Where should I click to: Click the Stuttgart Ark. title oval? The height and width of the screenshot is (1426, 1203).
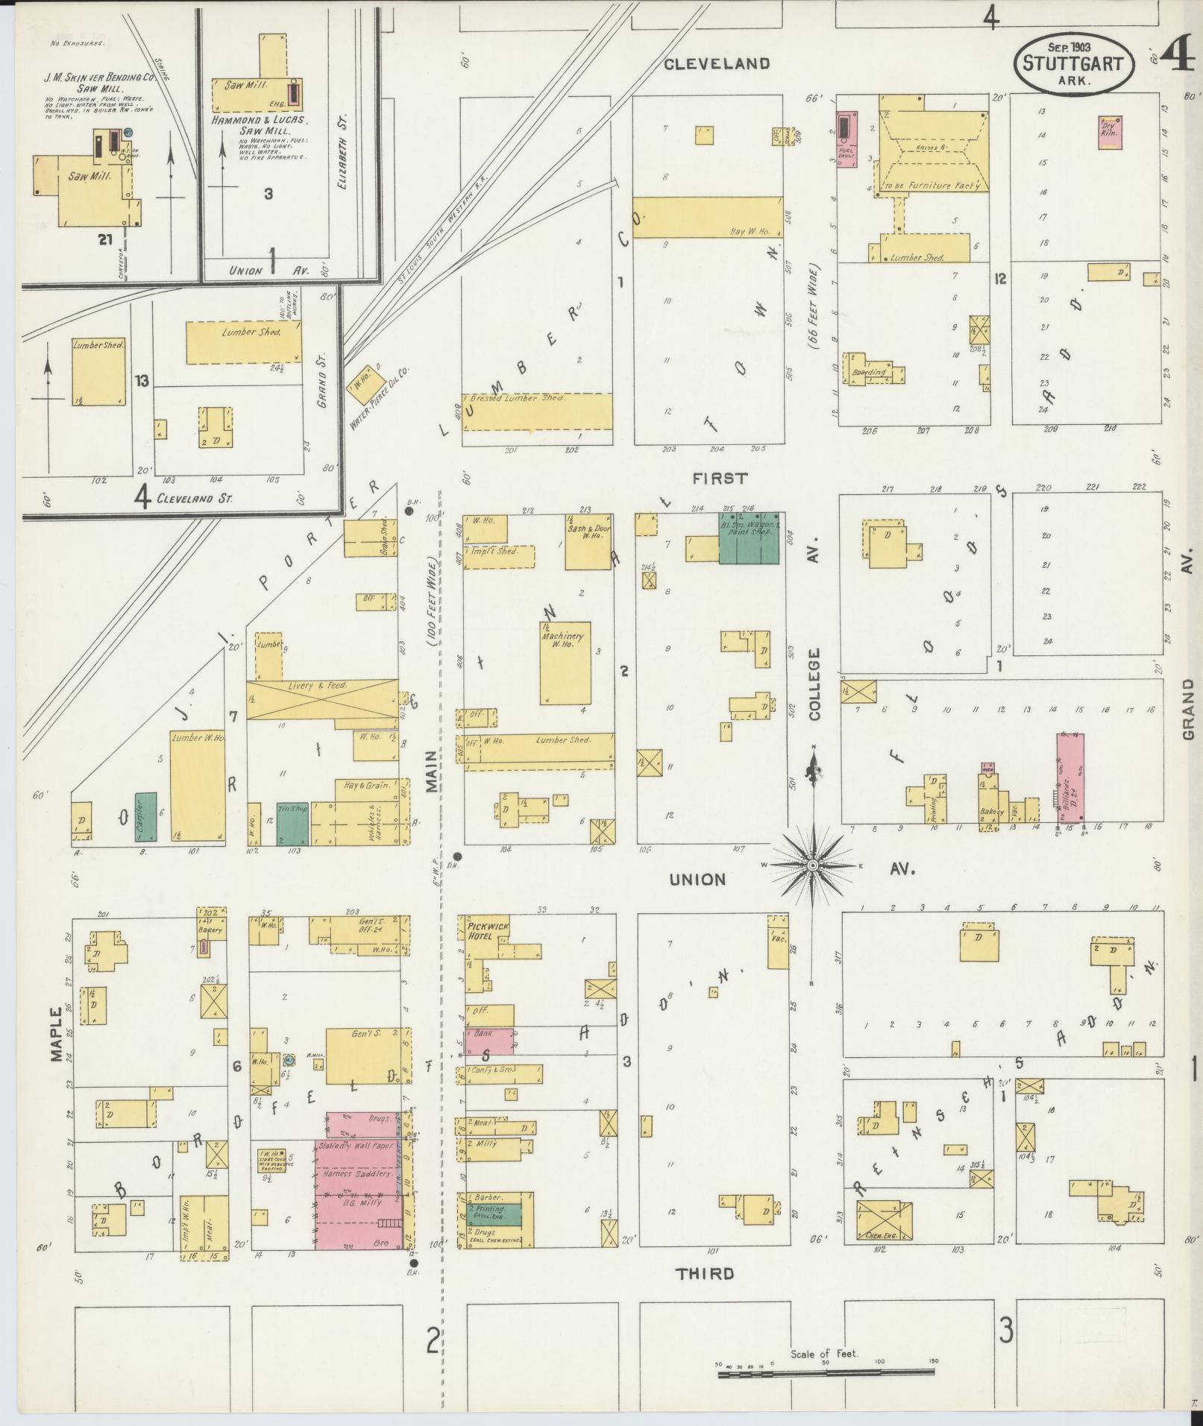[x=1073, y=63]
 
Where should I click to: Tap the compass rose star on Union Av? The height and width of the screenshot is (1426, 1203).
[x=812, y=865]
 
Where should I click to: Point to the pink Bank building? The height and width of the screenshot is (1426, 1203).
[x=489, y=1041]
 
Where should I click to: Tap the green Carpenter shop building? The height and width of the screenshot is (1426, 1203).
[x=146, y=816]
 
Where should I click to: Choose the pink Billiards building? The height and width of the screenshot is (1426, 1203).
[x=1070, y=780]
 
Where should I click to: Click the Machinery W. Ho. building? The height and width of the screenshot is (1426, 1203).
[x=565, y=662]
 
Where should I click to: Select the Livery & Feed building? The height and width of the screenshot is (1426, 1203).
[x=321, y=698]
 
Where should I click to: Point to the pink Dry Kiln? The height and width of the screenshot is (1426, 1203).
[x=1111, y=132]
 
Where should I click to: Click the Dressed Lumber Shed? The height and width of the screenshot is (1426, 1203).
[x=536, y=411]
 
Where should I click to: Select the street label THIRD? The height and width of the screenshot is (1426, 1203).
[x=705, y=1273]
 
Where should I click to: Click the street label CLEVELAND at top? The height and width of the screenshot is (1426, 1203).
[x=716, y=63]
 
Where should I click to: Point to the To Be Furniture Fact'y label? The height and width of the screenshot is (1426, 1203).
[x=932, y=186]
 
